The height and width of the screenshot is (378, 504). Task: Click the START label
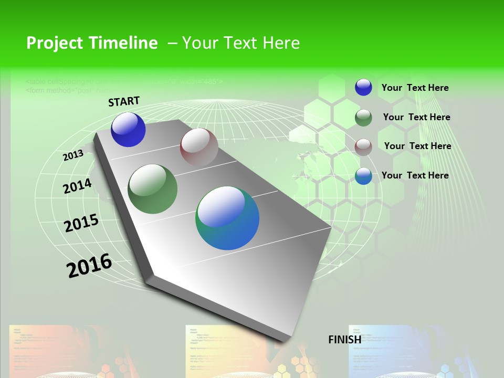click(x=124, y=101)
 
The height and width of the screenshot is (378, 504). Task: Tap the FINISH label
click(x=345, y=340)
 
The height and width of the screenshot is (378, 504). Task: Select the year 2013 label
click(x=73, y=155)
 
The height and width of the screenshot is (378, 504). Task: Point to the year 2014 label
click(x=77, y=186)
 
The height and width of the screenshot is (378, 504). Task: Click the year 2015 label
click(x=81, y=223)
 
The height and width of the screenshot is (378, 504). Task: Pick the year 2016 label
click(x=89, y=265)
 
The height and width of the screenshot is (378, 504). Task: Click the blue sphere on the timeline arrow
click(x=128, y=130)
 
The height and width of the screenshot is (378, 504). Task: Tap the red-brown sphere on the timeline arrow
click(x=199, y=147)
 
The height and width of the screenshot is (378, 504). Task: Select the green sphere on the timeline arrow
click(x=153, y=189)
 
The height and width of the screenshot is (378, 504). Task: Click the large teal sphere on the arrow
click(x=227, y=218)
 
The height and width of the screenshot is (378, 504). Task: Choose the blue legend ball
click(x=363, y=87)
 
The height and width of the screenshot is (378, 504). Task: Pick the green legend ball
click(x=363, y=118)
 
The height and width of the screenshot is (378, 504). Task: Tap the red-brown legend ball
click(x=363, y=146)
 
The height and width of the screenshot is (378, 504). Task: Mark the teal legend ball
click(x=363, y=176)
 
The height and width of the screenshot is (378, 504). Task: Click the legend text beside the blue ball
click(x=415, y=88)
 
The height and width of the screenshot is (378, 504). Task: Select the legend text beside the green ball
click(x=416, y=117)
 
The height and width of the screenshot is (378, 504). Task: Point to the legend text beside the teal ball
click(x=415, y=175)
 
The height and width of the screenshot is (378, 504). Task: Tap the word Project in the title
click(x=55, y=43)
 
